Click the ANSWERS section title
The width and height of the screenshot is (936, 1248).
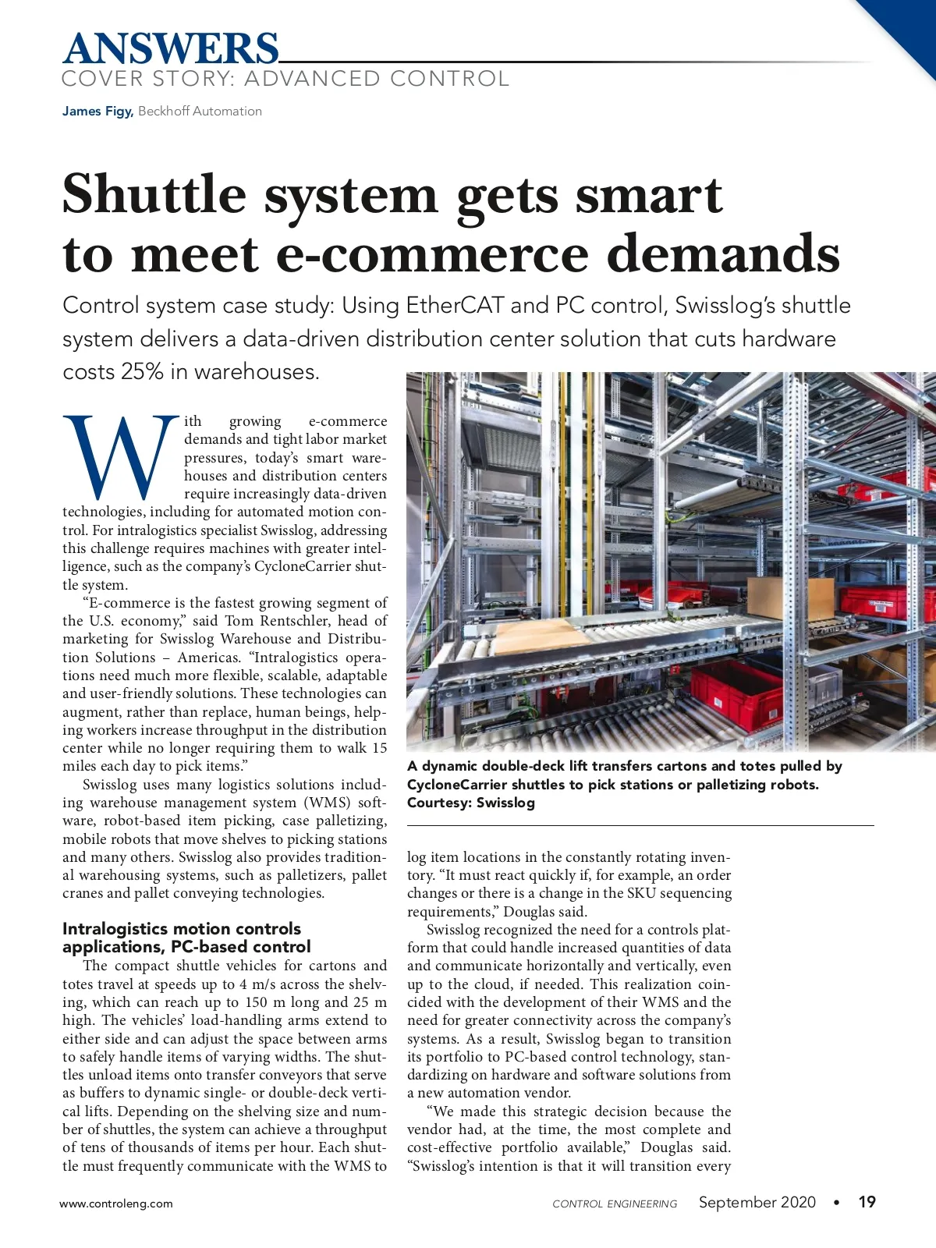pyautogui.click(x=170, y=48)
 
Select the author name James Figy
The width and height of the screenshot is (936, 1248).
pyautogui.click(x=97, y=112)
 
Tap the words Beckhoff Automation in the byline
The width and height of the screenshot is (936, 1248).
pyautogui.click(x=200, y=112)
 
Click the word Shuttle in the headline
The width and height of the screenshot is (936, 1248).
pyautogui.click(x=154, y=194)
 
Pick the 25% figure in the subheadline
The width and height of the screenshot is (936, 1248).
pyautogui.click(x=141, y=372)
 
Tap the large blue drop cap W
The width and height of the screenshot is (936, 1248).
pyautogui.click(x=121, y=459)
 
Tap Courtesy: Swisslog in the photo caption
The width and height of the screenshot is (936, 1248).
pyautogui.click(x=470, y=803)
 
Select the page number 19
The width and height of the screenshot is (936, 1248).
pyautogui.click(x=867, y=1202)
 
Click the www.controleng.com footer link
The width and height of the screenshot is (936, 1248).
pyautogui.click(x=116, y=1204)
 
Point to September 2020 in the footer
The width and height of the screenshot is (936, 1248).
pyautogui.click(x=757, y=1202)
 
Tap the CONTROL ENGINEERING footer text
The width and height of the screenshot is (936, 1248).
pyautogui.click(x=615, y=1204)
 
